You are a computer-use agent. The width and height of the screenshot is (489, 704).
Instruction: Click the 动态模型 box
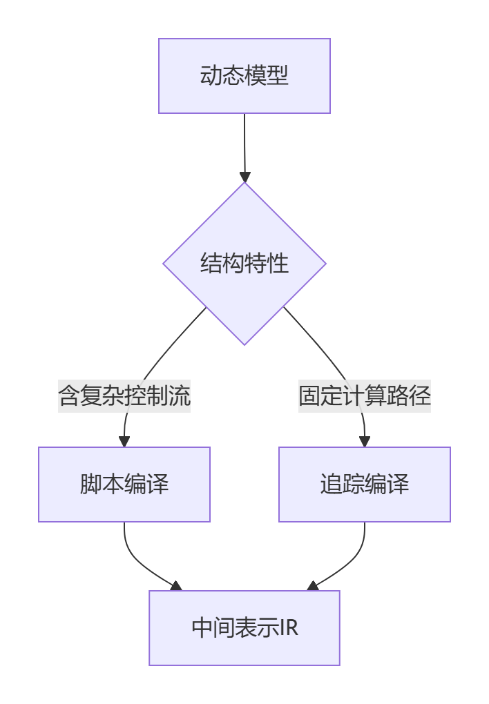245,76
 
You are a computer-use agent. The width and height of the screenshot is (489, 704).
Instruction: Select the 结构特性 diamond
245,263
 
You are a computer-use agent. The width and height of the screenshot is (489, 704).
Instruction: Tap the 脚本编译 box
124,484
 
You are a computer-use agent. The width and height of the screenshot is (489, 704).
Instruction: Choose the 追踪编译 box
365,484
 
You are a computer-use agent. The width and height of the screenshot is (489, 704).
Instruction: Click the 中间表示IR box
245,628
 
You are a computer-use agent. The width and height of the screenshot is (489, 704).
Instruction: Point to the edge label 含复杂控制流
124,396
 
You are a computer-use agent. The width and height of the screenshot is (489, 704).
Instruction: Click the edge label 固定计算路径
365,396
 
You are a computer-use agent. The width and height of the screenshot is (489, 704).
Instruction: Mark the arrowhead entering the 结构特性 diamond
245,177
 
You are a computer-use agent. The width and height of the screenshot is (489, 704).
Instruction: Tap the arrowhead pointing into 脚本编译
124,442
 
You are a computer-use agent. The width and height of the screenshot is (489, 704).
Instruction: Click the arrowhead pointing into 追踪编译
365,442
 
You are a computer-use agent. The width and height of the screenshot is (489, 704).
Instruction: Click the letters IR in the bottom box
289,628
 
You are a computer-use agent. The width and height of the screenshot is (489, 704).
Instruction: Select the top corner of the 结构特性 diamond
245,184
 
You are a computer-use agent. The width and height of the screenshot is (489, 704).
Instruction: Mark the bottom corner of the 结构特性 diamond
245,344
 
